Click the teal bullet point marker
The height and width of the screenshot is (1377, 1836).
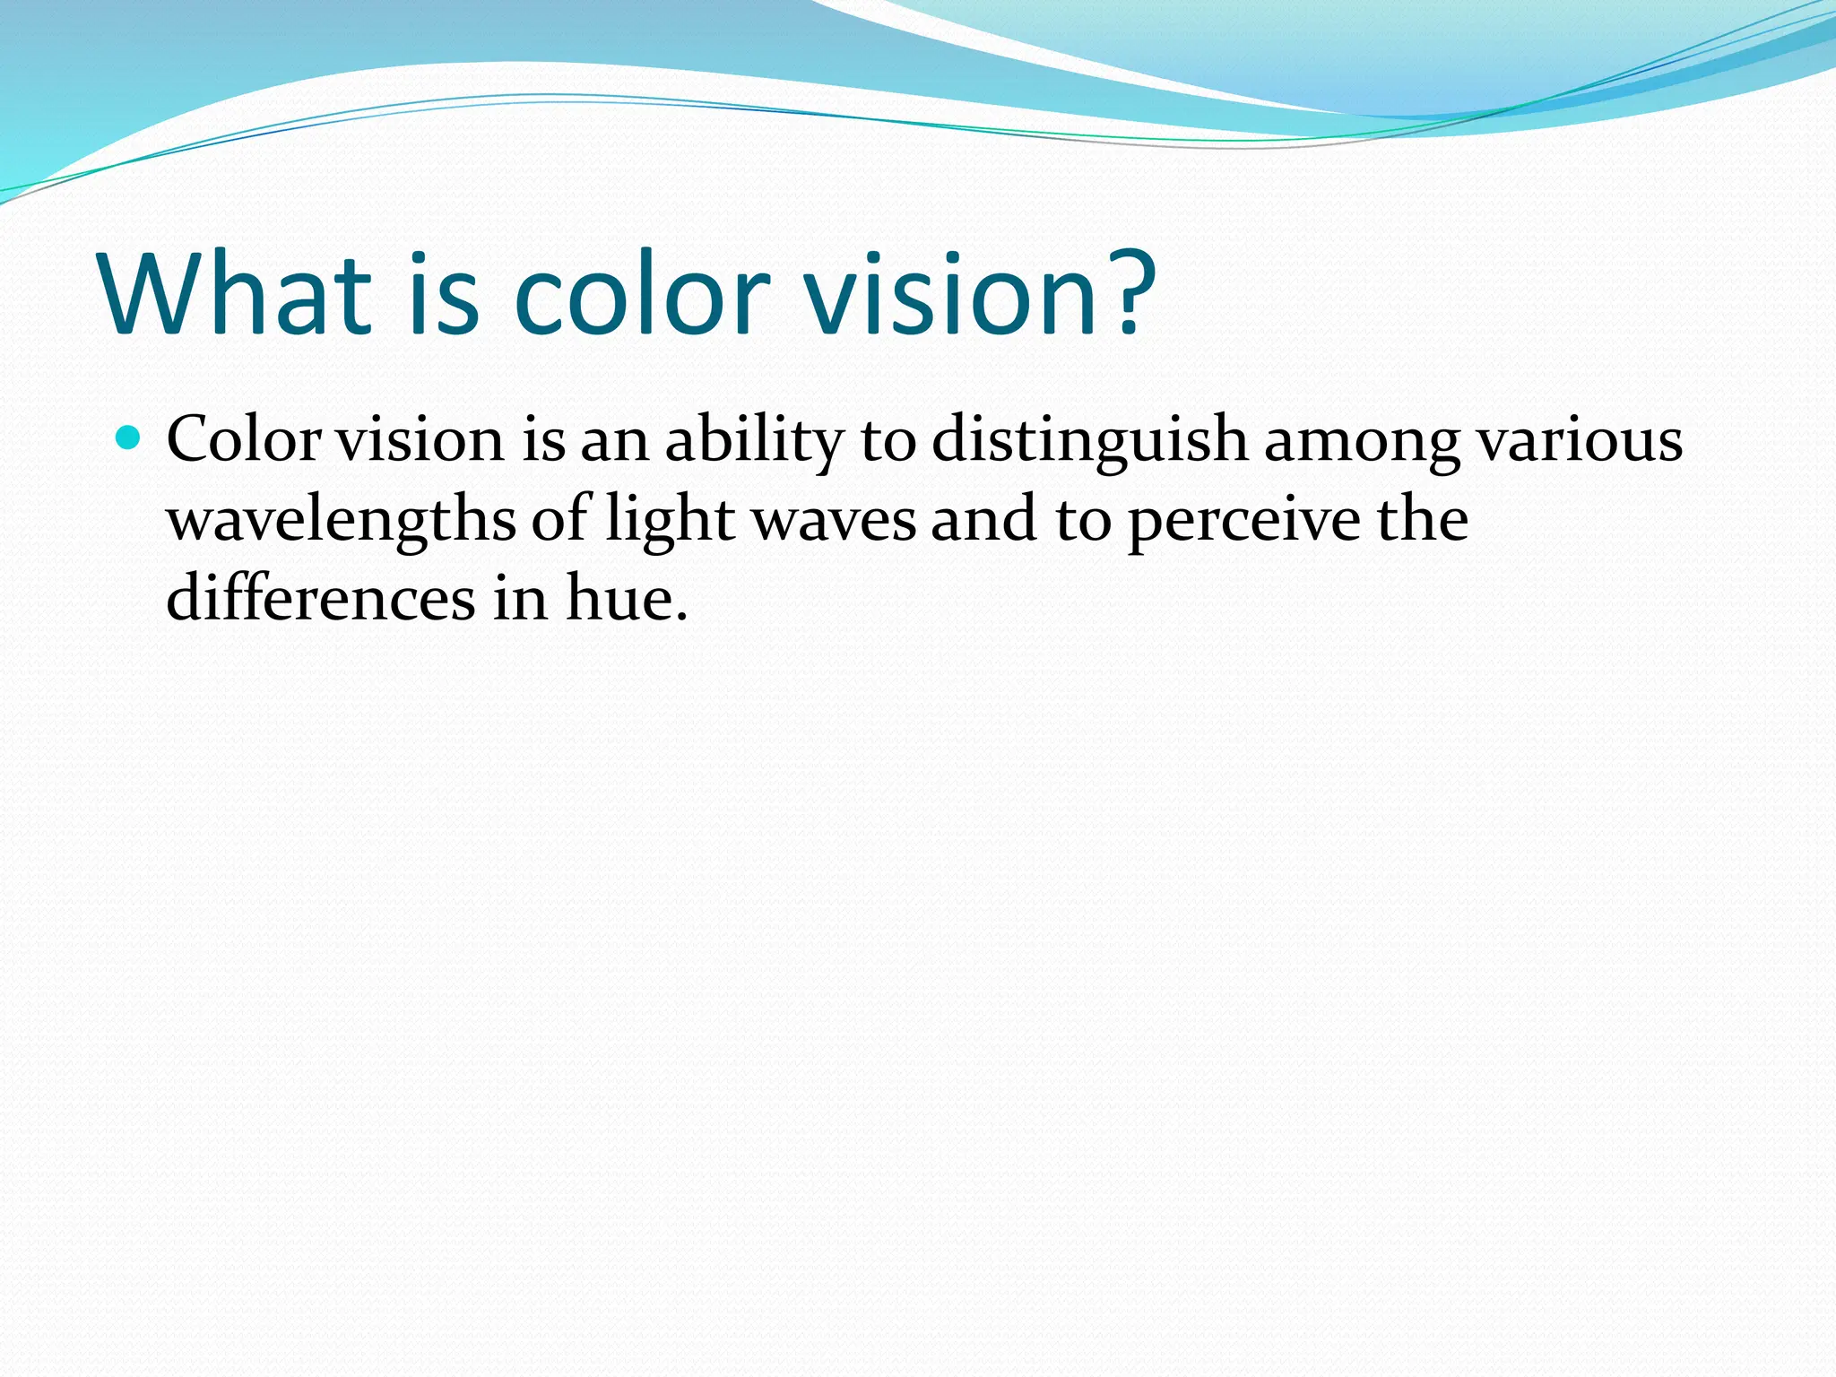coord(129,438)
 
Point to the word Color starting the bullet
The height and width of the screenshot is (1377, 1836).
coord(244,440)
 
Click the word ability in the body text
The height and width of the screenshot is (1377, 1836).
coord(754,440)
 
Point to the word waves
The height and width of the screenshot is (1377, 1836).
coord(834,522)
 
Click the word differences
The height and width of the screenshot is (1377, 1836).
coord(321,598)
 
